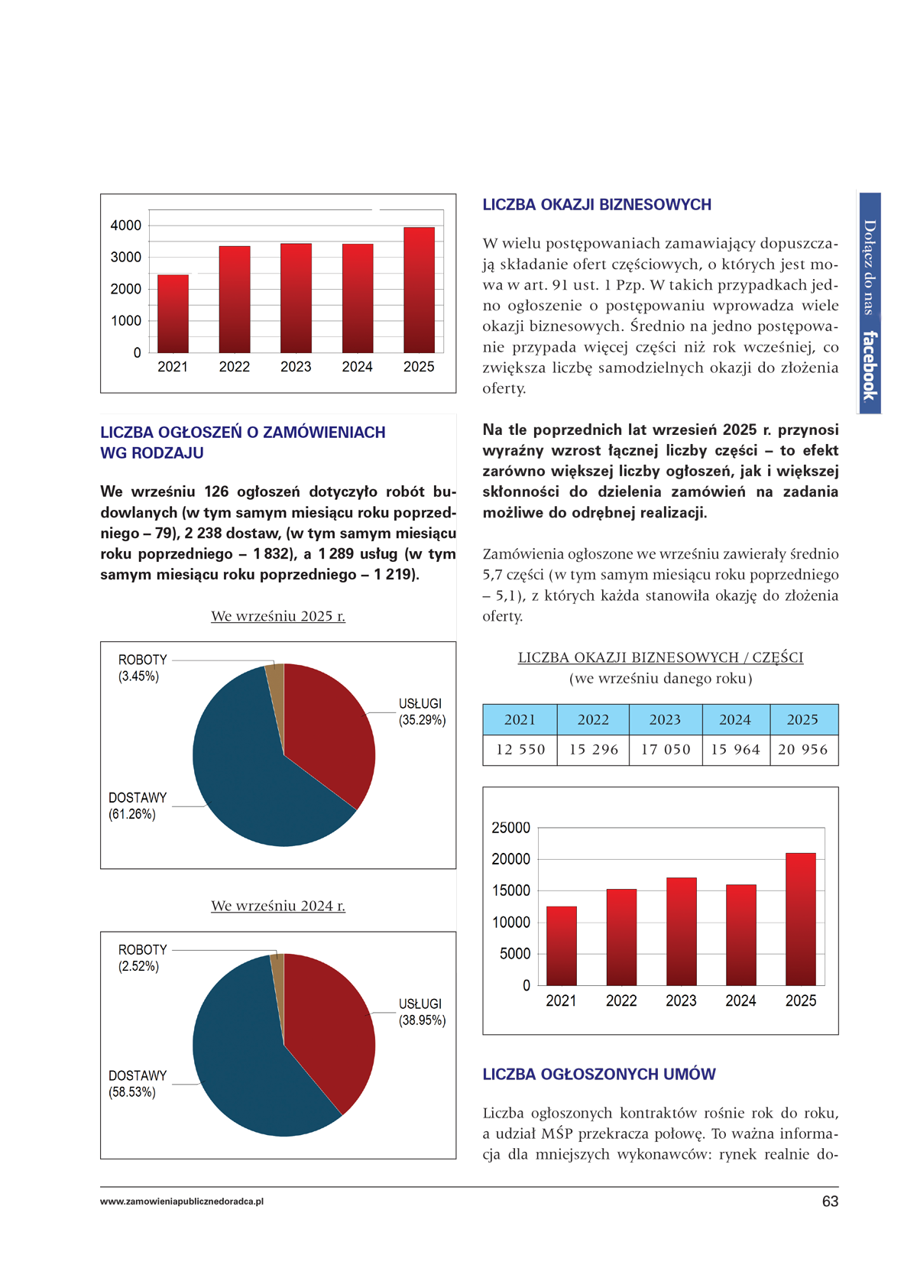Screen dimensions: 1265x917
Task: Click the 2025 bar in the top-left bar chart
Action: coord(419,290)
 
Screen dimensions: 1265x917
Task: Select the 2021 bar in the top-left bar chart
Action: coord(173,313)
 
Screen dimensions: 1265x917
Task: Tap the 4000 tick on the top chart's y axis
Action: coord(126,225)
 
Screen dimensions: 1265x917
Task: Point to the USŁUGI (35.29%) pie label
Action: coord(421,712)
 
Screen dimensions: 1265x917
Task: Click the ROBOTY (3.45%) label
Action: coord(142,667)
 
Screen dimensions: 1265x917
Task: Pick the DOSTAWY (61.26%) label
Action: coord(137,806)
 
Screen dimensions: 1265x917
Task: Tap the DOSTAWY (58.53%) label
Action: coord(137,1084)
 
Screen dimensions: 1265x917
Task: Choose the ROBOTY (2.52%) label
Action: coord(142,958)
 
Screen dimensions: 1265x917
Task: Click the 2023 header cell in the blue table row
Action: coord(665,719)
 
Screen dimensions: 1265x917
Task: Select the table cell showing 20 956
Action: coord(802,750)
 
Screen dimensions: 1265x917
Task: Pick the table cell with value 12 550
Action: coord(520,750)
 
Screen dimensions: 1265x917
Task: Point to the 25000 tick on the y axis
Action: coord(510,828)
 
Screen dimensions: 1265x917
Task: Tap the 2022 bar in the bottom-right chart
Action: coord(621,937)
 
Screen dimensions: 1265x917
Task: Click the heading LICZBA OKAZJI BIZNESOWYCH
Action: coord(597,205)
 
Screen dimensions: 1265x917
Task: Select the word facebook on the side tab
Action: coord(870,365)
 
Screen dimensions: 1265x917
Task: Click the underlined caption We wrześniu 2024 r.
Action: coord(278,906)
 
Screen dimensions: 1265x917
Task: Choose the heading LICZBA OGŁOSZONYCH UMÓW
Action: coord(599,1075)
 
